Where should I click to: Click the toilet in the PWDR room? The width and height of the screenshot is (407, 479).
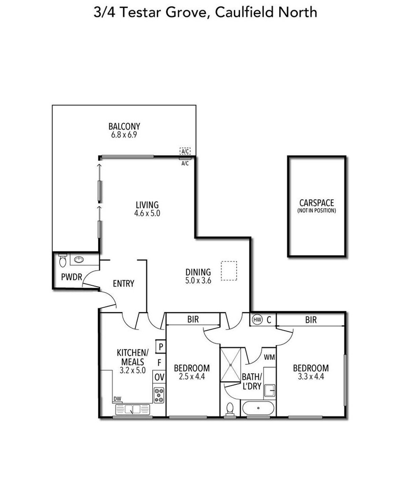tap(63, 260)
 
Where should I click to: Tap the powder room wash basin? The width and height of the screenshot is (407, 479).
tap(79, 260)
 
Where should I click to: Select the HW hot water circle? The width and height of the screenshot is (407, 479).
tap(257, 320)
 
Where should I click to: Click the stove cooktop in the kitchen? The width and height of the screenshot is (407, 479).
tap(159, 395)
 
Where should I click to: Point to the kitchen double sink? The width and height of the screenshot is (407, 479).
tap(133, 409)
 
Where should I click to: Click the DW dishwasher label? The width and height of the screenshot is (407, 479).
tap(117, 399)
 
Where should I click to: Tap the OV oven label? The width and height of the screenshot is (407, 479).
tap(159, 377)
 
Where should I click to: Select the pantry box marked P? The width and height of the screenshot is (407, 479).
tap(160, 346)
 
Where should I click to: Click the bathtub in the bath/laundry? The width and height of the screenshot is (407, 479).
tap(258, 408)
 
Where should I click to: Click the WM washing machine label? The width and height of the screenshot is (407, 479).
tap(269, 357)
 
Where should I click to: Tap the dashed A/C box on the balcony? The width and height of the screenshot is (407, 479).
tap(185, 151)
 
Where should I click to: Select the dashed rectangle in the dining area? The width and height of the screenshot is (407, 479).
tap(229, 271)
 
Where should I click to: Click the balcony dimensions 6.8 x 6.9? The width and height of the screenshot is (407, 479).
tap(124, 135)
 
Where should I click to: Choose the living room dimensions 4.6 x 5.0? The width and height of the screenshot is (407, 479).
tap(147, 213)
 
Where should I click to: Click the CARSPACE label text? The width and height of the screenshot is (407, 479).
tap(316, 203)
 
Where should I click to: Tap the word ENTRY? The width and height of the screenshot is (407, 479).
tap(123, 283)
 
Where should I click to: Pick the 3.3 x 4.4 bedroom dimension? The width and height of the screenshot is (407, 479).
tap(311, 377)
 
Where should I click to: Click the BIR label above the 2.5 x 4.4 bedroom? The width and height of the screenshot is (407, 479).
tap(193, 319)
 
